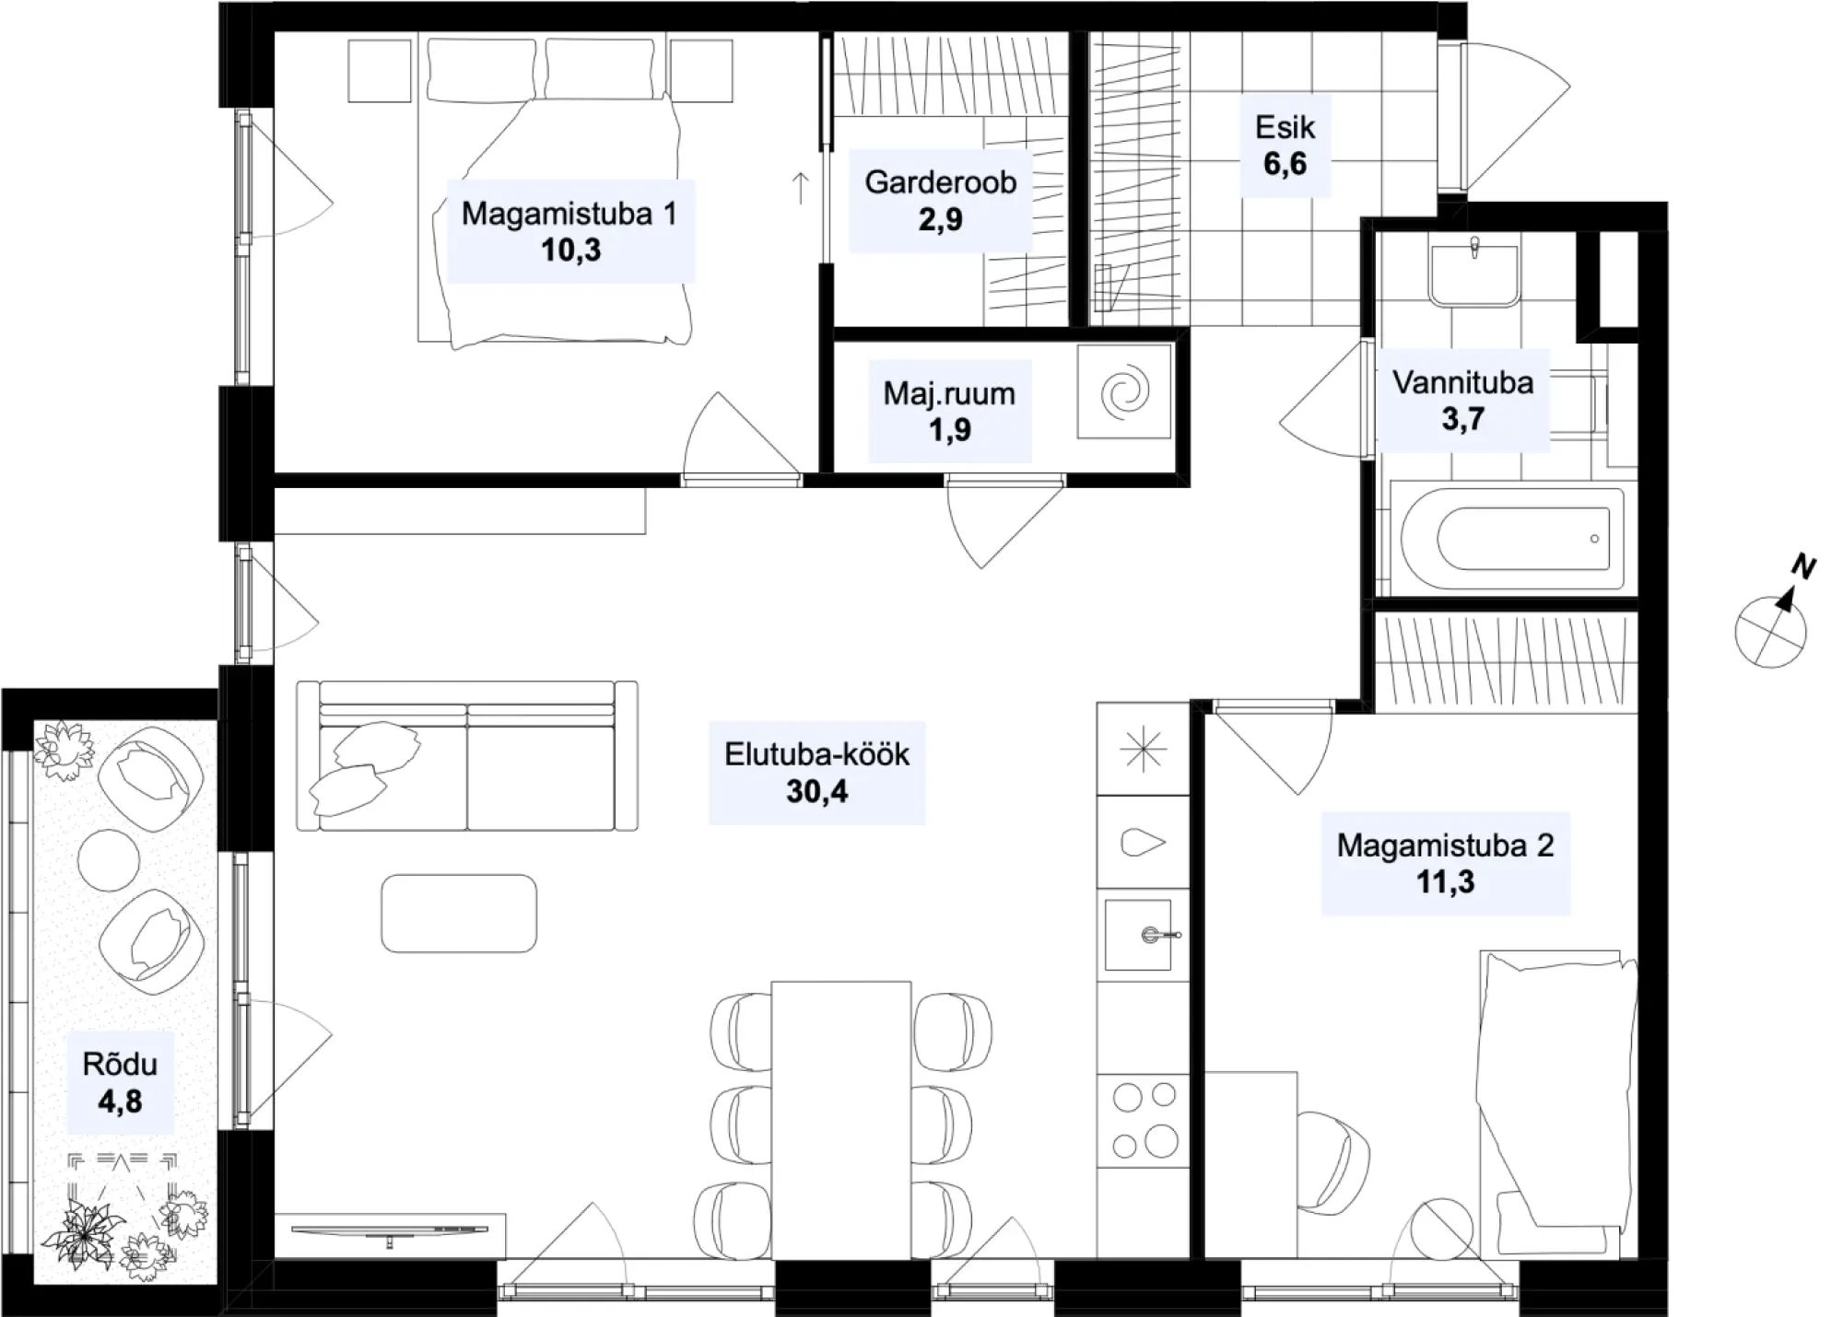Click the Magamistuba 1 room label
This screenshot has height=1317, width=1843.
tap(569, 214)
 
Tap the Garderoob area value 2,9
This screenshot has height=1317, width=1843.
tap(941, 220)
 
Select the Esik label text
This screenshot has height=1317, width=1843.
tap(1285, 127)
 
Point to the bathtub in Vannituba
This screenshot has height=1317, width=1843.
tap(1512, 539)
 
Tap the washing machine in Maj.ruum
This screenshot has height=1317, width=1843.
tap(1125, 391)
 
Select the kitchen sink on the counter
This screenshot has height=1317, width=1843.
tap(1138, 935)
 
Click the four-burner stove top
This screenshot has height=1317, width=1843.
tap(1143, 1120)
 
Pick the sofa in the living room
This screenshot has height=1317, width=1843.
tap(467, 755)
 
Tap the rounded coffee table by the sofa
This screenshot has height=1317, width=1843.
tap(459, 913)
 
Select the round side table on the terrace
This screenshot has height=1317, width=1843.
tap(109, 859)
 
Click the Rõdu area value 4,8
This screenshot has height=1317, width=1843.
tap(121, 1101)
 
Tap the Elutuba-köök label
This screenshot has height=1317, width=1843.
tap(816, 754)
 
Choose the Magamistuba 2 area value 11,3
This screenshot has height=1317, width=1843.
tap(1445, 882)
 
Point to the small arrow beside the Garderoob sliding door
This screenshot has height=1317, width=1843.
tap(801, 188)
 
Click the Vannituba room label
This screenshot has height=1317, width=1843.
tap(1463, 382)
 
